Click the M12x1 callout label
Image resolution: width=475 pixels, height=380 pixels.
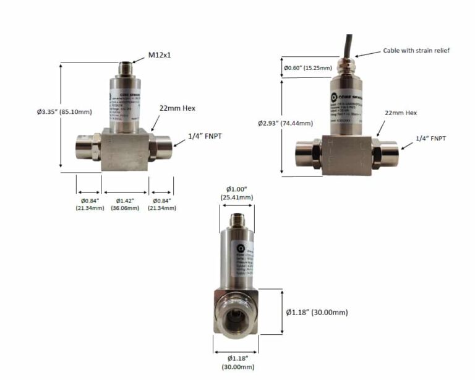point(159,55)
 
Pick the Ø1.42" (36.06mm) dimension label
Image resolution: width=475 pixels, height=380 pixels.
point(126,204)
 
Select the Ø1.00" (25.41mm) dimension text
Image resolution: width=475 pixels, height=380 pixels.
point(236,193)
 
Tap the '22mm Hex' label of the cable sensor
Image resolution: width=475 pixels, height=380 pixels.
point(402,113)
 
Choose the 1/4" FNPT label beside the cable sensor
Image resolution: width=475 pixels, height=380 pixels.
point(430,138)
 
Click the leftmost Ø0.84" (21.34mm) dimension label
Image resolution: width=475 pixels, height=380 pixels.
point(87,204)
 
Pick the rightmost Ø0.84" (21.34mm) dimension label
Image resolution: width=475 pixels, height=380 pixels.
point(161,204)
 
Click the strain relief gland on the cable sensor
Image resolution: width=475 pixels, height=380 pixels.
point(350,63)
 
